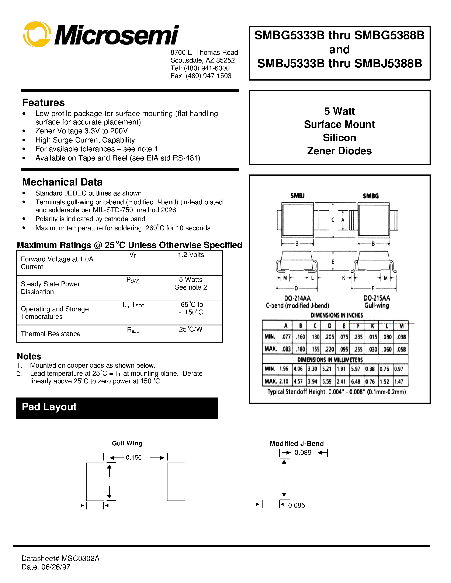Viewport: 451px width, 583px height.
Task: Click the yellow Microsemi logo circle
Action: point(37,34)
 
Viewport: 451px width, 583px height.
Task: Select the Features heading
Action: point(43,103)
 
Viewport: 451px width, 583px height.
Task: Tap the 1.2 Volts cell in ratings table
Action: point(191,255)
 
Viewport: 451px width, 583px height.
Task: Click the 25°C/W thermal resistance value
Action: point(191,329)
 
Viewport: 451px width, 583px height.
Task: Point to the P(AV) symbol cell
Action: point(133,280)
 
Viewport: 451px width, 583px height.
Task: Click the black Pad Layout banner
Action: point(117,408)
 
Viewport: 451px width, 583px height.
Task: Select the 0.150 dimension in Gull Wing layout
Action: point(133,457)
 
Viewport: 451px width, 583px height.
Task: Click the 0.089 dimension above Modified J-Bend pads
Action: point(303,452)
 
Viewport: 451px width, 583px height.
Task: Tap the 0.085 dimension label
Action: point(296,505)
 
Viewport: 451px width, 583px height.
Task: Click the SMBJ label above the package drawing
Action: point(297,196)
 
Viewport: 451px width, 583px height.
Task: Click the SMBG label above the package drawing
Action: point(371,196)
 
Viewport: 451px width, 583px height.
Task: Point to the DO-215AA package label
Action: point(377,298)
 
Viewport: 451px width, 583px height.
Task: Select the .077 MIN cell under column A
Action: point(286,337)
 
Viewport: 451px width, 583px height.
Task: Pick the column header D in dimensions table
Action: point(329,326)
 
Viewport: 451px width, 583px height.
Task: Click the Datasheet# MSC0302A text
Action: point(60,558)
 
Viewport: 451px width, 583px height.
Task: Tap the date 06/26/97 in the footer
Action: point(56,567)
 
